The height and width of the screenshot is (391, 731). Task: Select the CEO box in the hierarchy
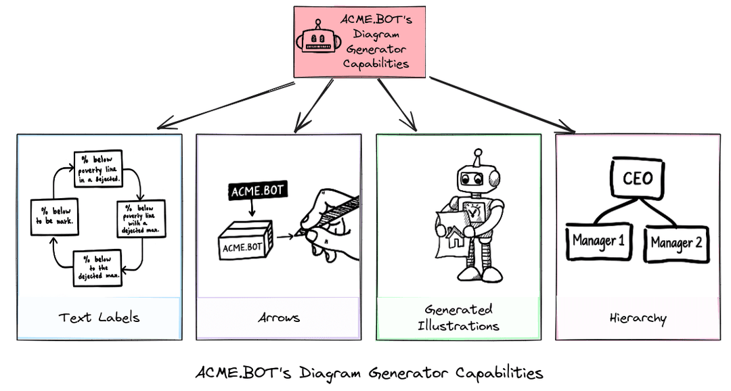tap(637, 178)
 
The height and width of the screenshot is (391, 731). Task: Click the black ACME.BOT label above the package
tap(259, 191)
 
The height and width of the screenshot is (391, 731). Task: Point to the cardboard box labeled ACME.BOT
tap(244, 241)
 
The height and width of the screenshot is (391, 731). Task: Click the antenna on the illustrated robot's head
tap(477, 156)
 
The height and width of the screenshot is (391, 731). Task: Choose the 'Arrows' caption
tap(278, 317)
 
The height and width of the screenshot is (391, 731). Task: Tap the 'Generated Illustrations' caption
tap(458, 317)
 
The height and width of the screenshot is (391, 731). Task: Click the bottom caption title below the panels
tap(369, 373)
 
